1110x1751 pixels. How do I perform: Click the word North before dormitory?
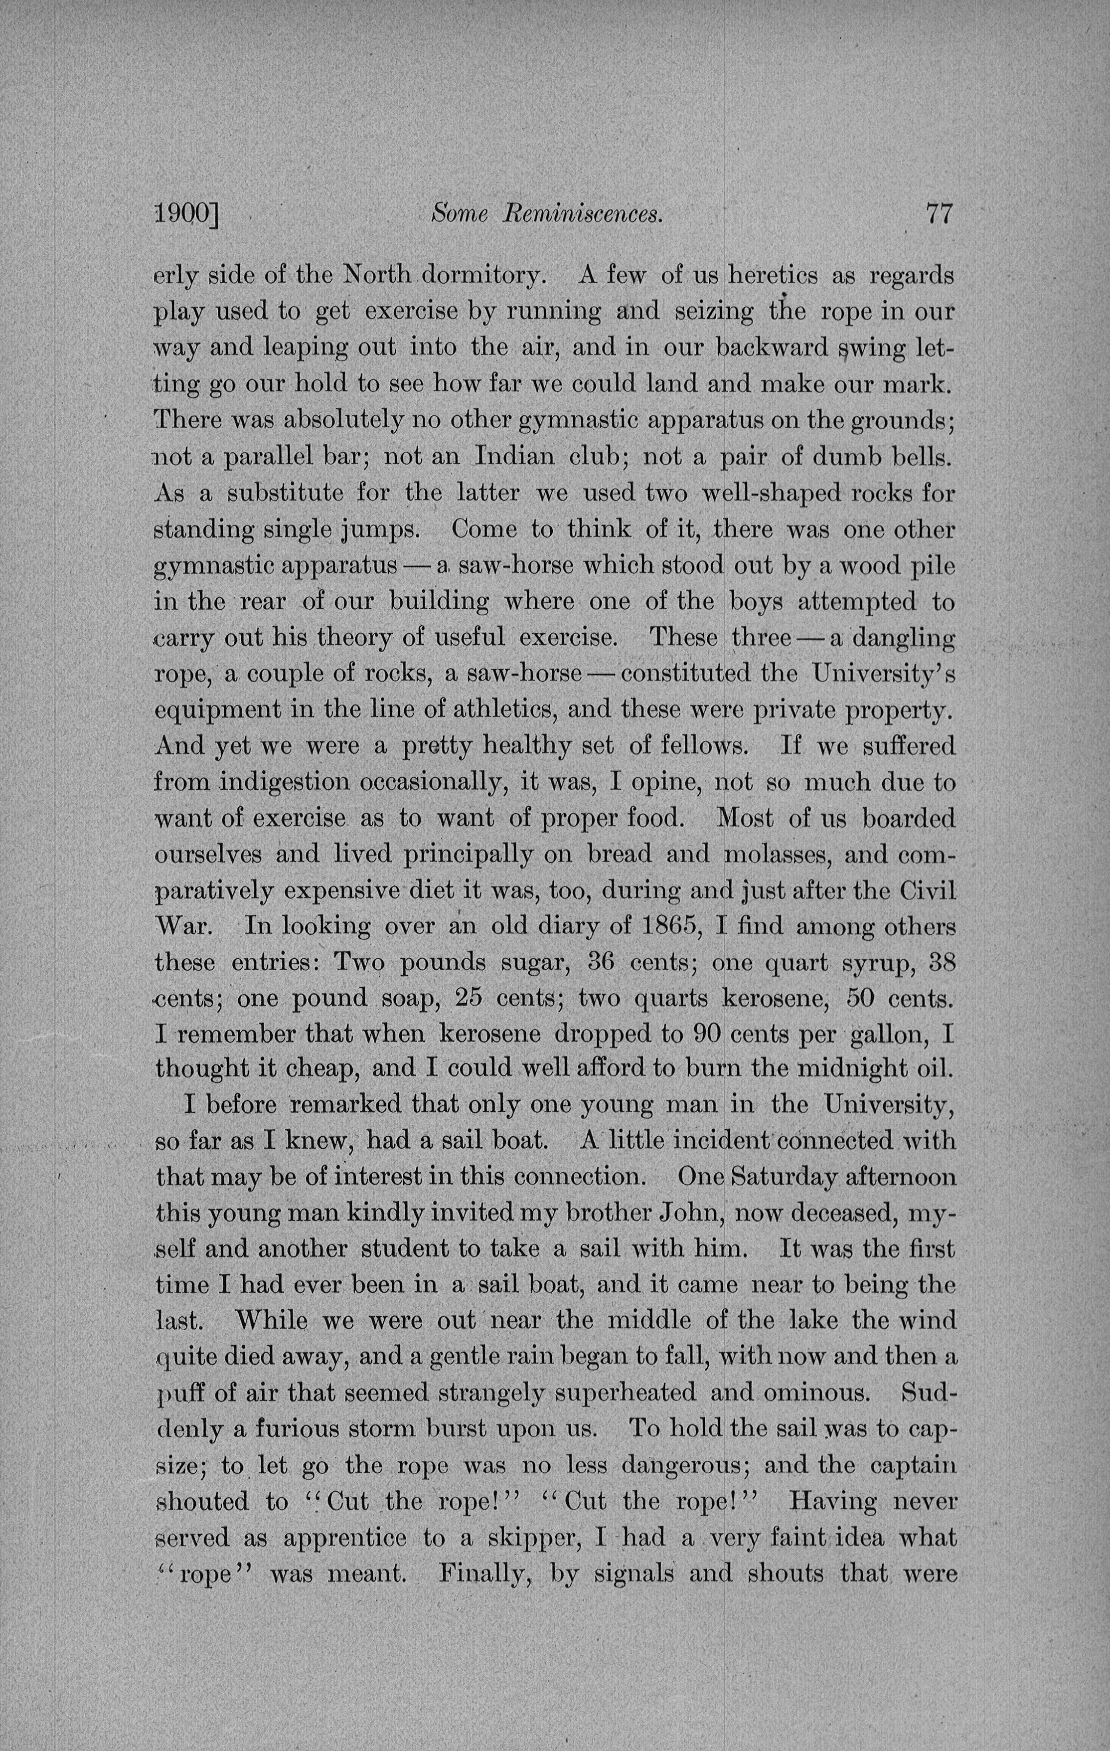(376, 276)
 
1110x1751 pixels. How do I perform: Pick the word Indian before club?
(515, 457)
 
